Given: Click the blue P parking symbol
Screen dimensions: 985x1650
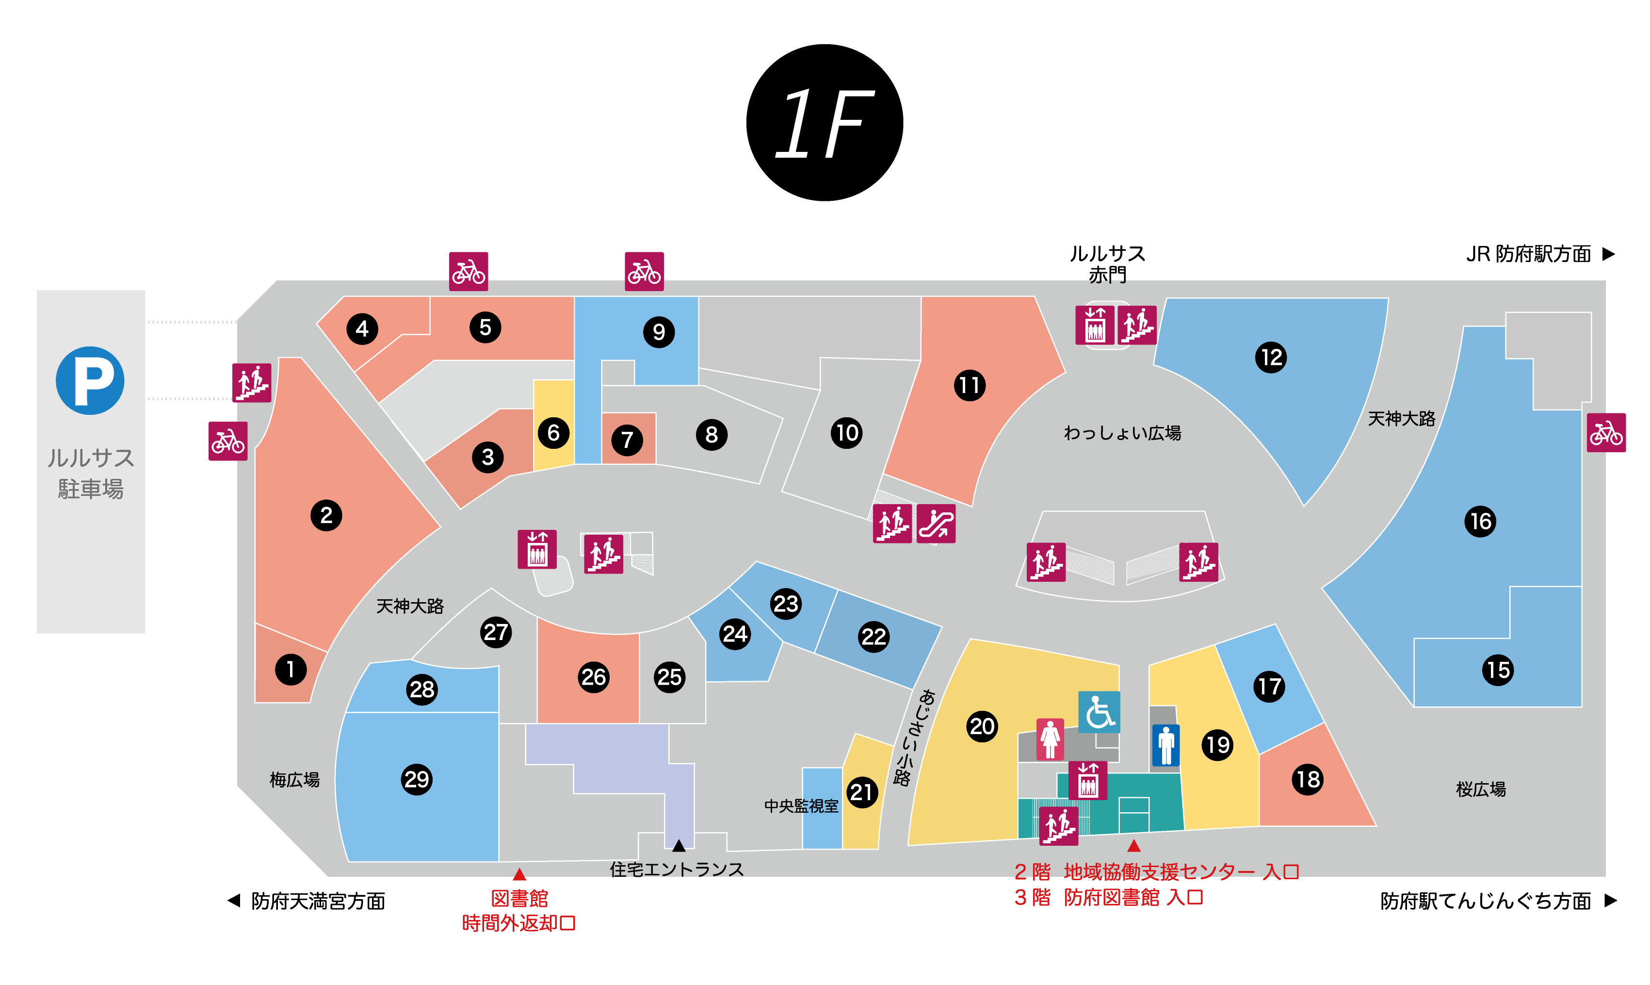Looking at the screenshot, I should (x=90, y=380).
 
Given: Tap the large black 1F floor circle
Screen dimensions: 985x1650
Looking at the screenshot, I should (x=824, y=123).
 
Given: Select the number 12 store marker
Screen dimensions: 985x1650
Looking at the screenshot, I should (x=1271, y=357).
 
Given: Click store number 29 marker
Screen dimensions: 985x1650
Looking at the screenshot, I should (x=416, y=779).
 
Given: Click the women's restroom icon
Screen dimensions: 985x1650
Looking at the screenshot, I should (x=1050, y=739).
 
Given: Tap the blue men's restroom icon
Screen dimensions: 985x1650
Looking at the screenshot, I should (x=1165, y=745).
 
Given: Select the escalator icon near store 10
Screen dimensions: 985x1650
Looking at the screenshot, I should (x=936, y=524).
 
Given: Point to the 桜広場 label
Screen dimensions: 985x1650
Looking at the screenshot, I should (x=1480, y=789).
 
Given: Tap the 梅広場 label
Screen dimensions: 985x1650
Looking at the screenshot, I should (x=294, y=779).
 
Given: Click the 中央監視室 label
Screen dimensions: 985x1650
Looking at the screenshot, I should (x=801, y=806).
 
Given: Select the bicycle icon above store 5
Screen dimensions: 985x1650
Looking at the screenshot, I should (x=469, y=271).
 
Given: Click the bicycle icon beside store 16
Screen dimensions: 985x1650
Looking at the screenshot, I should (x=1605, y=433).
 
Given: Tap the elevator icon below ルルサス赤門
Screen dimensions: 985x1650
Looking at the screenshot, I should (x=1094, y=325).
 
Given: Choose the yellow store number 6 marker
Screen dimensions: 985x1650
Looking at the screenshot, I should (x=553, y=433).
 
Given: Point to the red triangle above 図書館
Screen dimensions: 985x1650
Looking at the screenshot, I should (x=519, y=874).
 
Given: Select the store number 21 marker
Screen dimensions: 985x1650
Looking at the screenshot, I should (x=861, y=792).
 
